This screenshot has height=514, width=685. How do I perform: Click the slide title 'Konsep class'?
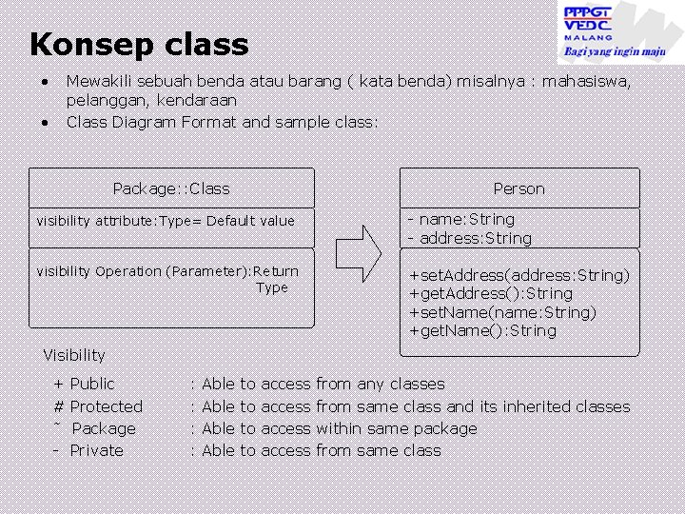point(139,45)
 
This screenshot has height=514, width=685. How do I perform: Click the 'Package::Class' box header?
point(171,188)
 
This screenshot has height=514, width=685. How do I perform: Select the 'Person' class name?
point(519,188)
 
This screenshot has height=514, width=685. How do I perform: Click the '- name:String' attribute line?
point(461,220)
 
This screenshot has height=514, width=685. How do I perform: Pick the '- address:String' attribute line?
point(470,238)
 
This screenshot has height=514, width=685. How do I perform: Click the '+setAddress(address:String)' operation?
point(519,275)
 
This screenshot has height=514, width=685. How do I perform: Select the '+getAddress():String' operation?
point(491,293)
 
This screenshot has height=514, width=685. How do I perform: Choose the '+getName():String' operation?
point(482,330)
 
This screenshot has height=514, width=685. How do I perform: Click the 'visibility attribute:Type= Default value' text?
point(166,221)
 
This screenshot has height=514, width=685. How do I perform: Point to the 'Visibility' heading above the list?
point(74,355)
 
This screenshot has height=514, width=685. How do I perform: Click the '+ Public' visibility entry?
point(84,384)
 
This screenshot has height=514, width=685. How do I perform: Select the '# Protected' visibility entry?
point(98,406)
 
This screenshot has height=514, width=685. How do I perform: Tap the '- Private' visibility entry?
point(88,450)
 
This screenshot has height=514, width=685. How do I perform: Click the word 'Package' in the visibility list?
point(104,428)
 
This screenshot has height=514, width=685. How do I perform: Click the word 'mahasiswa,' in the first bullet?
point(586,81)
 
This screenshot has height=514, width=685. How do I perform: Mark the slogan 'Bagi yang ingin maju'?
point(615,51)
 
